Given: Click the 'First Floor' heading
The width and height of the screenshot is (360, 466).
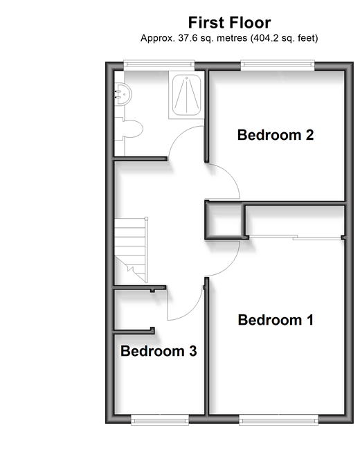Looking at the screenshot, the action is coord(229,23).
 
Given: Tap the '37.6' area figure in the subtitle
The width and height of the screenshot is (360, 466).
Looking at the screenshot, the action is coord(188,38).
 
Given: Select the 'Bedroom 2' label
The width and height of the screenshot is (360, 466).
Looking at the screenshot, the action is coord(276,135).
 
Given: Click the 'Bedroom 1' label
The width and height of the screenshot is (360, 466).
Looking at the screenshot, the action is coord(276,320).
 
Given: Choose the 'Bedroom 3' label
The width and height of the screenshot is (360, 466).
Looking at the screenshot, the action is coord(159,351).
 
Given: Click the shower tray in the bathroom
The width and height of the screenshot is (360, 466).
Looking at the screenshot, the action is coord(186,95).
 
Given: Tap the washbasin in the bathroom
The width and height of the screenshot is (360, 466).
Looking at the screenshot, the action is coord(123,93).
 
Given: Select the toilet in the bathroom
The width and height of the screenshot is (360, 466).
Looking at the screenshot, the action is coord(129,128).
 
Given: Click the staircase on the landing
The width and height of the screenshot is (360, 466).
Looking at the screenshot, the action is coord(131,250).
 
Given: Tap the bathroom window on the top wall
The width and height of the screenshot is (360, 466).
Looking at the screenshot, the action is coord(159,65).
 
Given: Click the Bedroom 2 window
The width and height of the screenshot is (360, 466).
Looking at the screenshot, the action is coord(278,65).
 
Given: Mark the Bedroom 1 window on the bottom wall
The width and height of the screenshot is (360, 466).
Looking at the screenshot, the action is coord(278,420).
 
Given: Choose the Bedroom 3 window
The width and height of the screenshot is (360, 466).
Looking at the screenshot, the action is coord(160,420).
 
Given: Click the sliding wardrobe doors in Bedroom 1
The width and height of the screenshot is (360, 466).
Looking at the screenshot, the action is coord(295,238).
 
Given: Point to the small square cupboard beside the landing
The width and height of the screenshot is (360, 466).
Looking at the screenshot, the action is coord(224,220).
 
